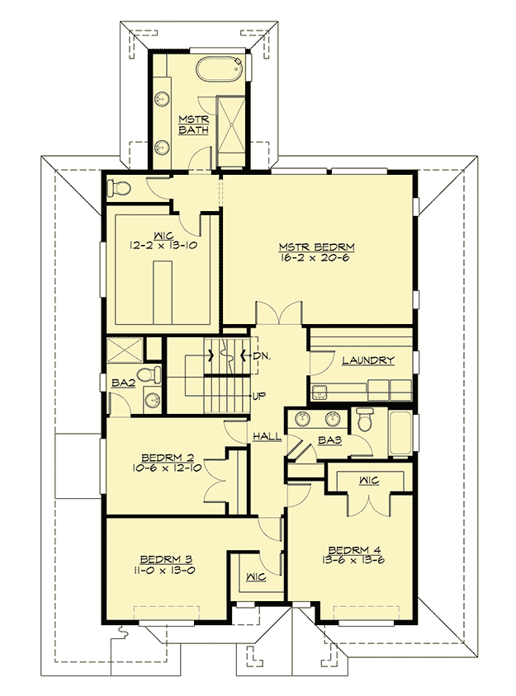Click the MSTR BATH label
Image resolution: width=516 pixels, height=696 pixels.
point(193,125)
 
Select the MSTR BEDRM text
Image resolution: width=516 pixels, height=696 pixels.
point(316,247)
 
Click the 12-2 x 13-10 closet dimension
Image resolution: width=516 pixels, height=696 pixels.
point(162,245)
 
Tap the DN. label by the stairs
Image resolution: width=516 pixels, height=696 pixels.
point(263,356)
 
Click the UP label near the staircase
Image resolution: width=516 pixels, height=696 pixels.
point(258,396)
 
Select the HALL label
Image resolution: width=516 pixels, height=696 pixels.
point(265,435)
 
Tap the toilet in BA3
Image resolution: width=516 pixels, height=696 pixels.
point(365,422)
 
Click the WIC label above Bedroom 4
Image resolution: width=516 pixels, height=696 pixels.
point(368,479)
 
